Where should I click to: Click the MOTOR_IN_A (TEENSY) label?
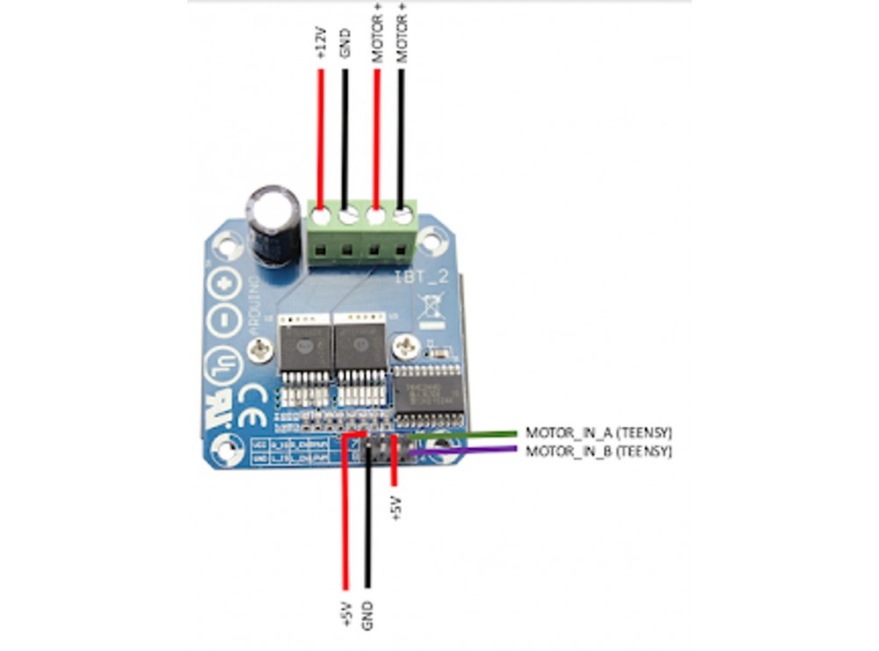click(598, 433)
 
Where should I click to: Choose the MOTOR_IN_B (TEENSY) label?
click(598, 451)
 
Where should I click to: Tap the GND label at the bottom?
click(367, 612)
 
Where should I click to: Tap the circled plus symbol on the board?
click(226, 286)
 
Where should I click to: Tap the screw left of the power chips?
click(260, 353)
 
